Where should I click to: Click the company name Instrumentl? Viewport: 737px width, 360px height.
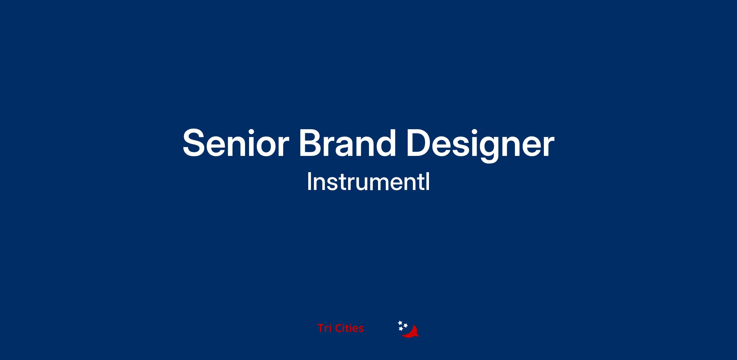368,182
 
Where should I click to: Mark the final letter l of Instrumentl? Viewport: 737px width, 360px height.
428,182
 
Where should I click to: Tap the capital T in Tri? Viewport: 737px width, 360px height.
321,328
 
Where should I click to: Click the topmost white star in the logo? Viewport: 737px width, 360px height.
400,323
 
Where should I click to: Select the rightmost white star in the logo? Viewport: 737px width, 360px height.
405,325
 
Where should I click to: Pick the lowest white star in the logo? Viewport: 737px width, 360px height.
401,329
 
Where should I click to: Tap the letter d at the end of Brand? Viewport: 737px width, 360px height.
385,142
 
